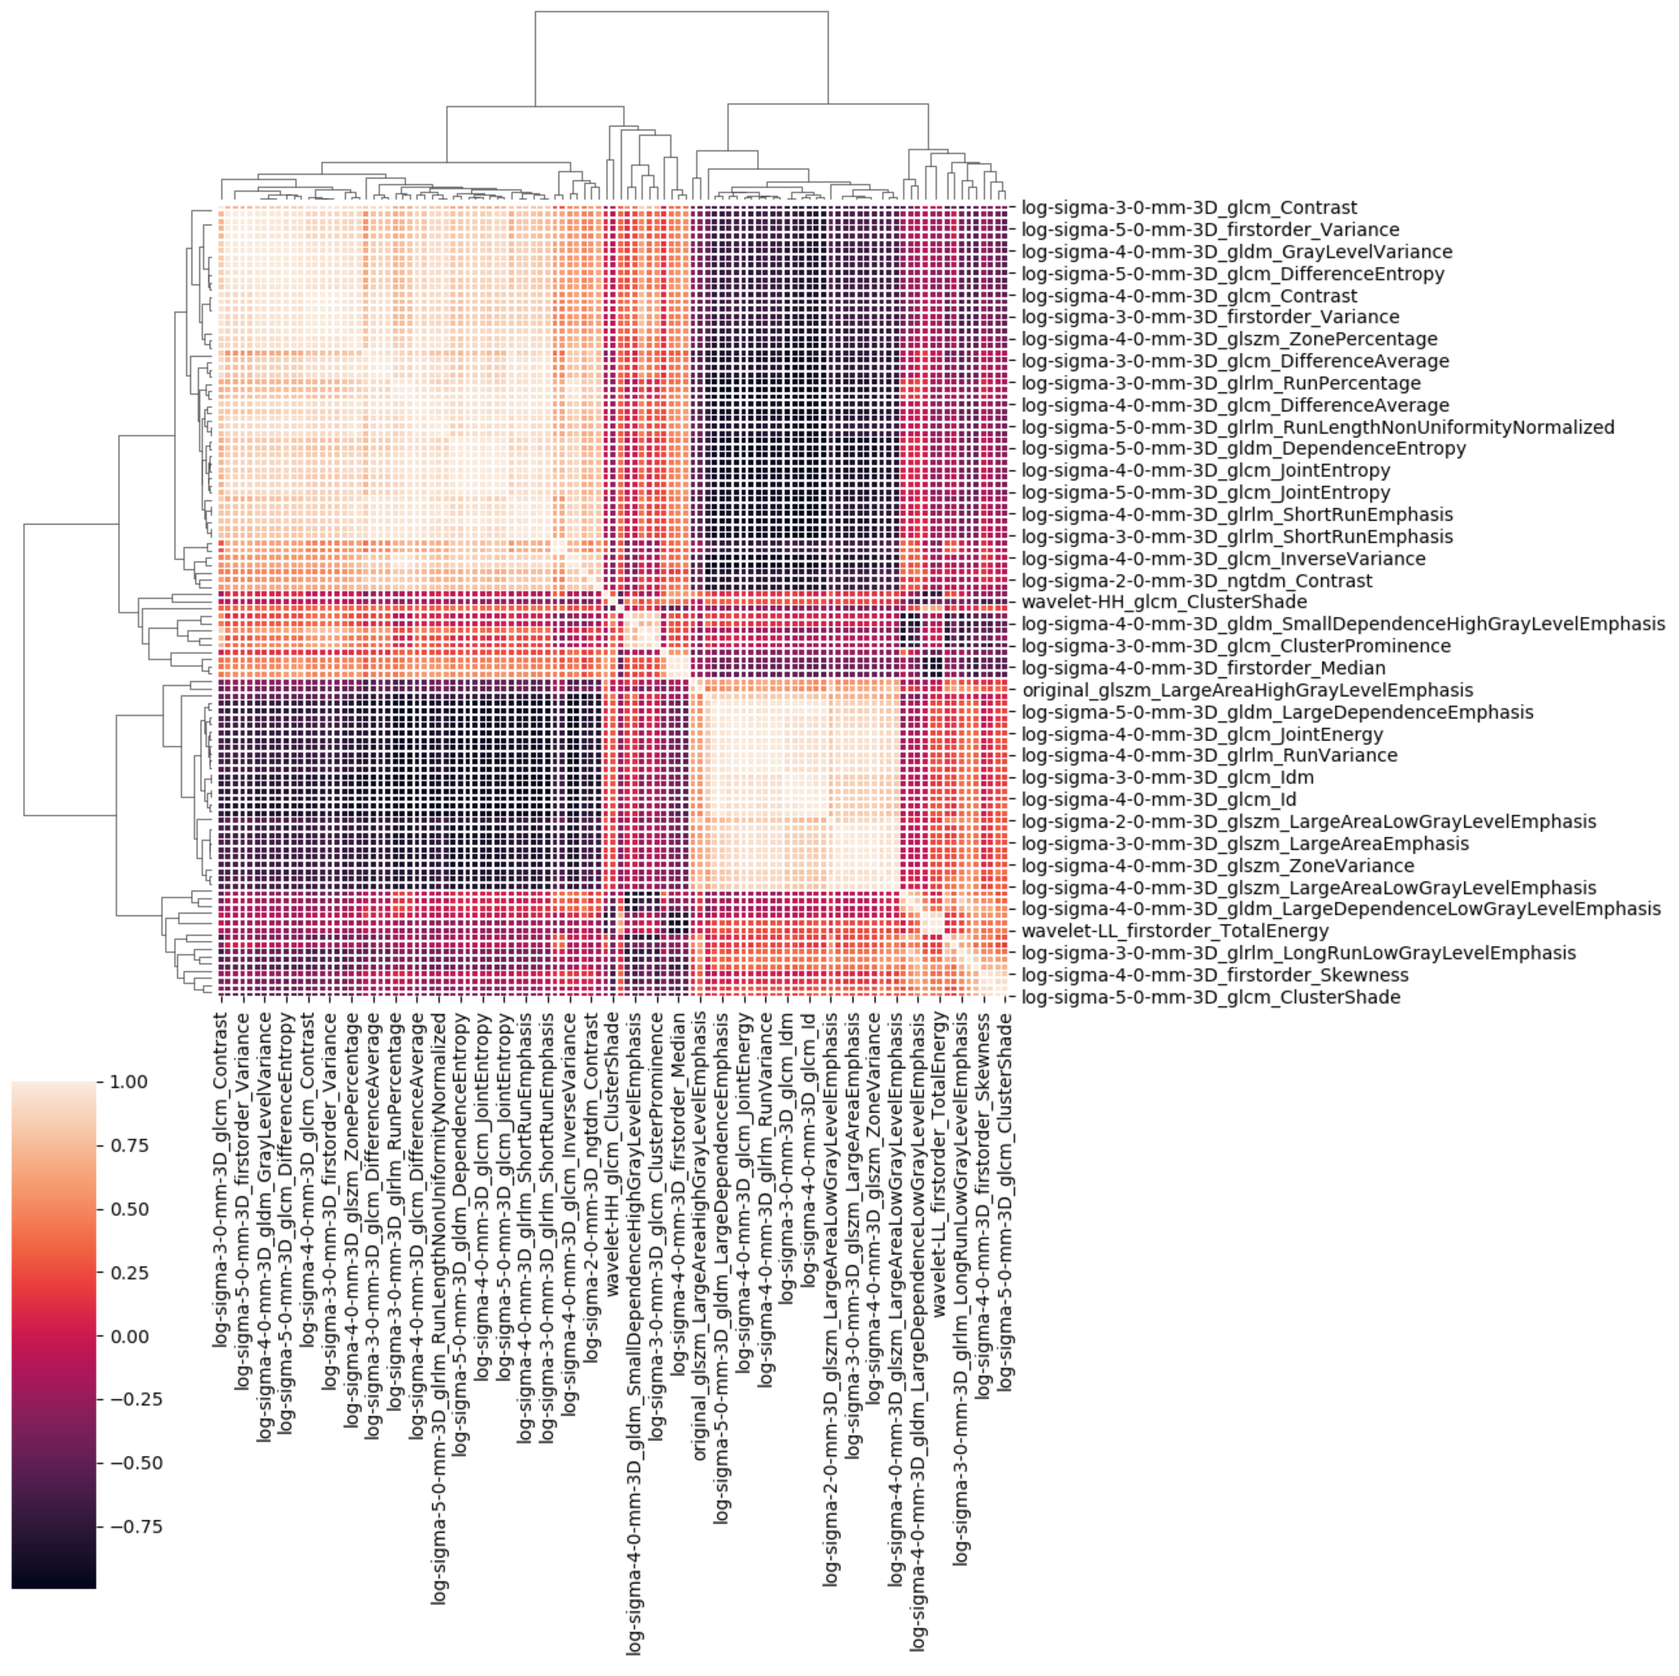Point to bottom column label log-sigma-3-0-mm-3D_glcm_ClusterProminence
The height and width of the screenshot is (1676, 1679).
658,1234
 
